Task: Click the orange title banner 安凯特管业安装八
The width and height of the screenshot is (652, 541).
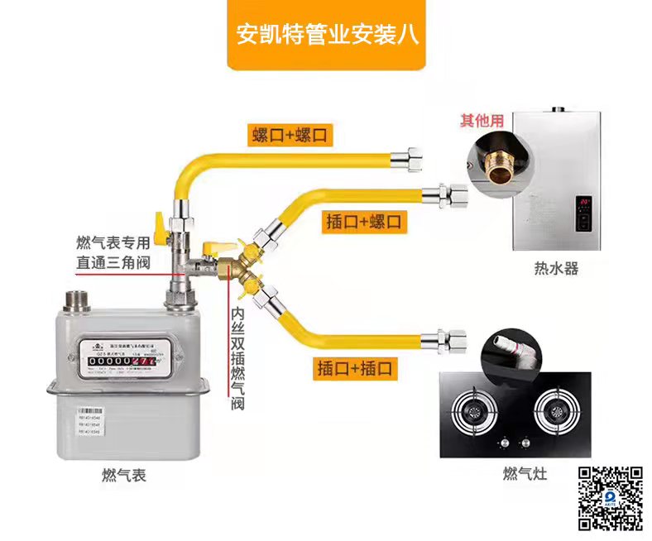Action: point(326,36)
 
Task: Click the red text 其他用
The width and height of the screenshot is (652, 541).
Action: point(482,121)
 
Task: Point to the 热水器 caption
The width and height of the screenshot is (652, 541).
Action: point(555,269)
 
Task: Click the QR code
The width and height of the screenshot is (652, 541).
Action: point(610,498)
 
